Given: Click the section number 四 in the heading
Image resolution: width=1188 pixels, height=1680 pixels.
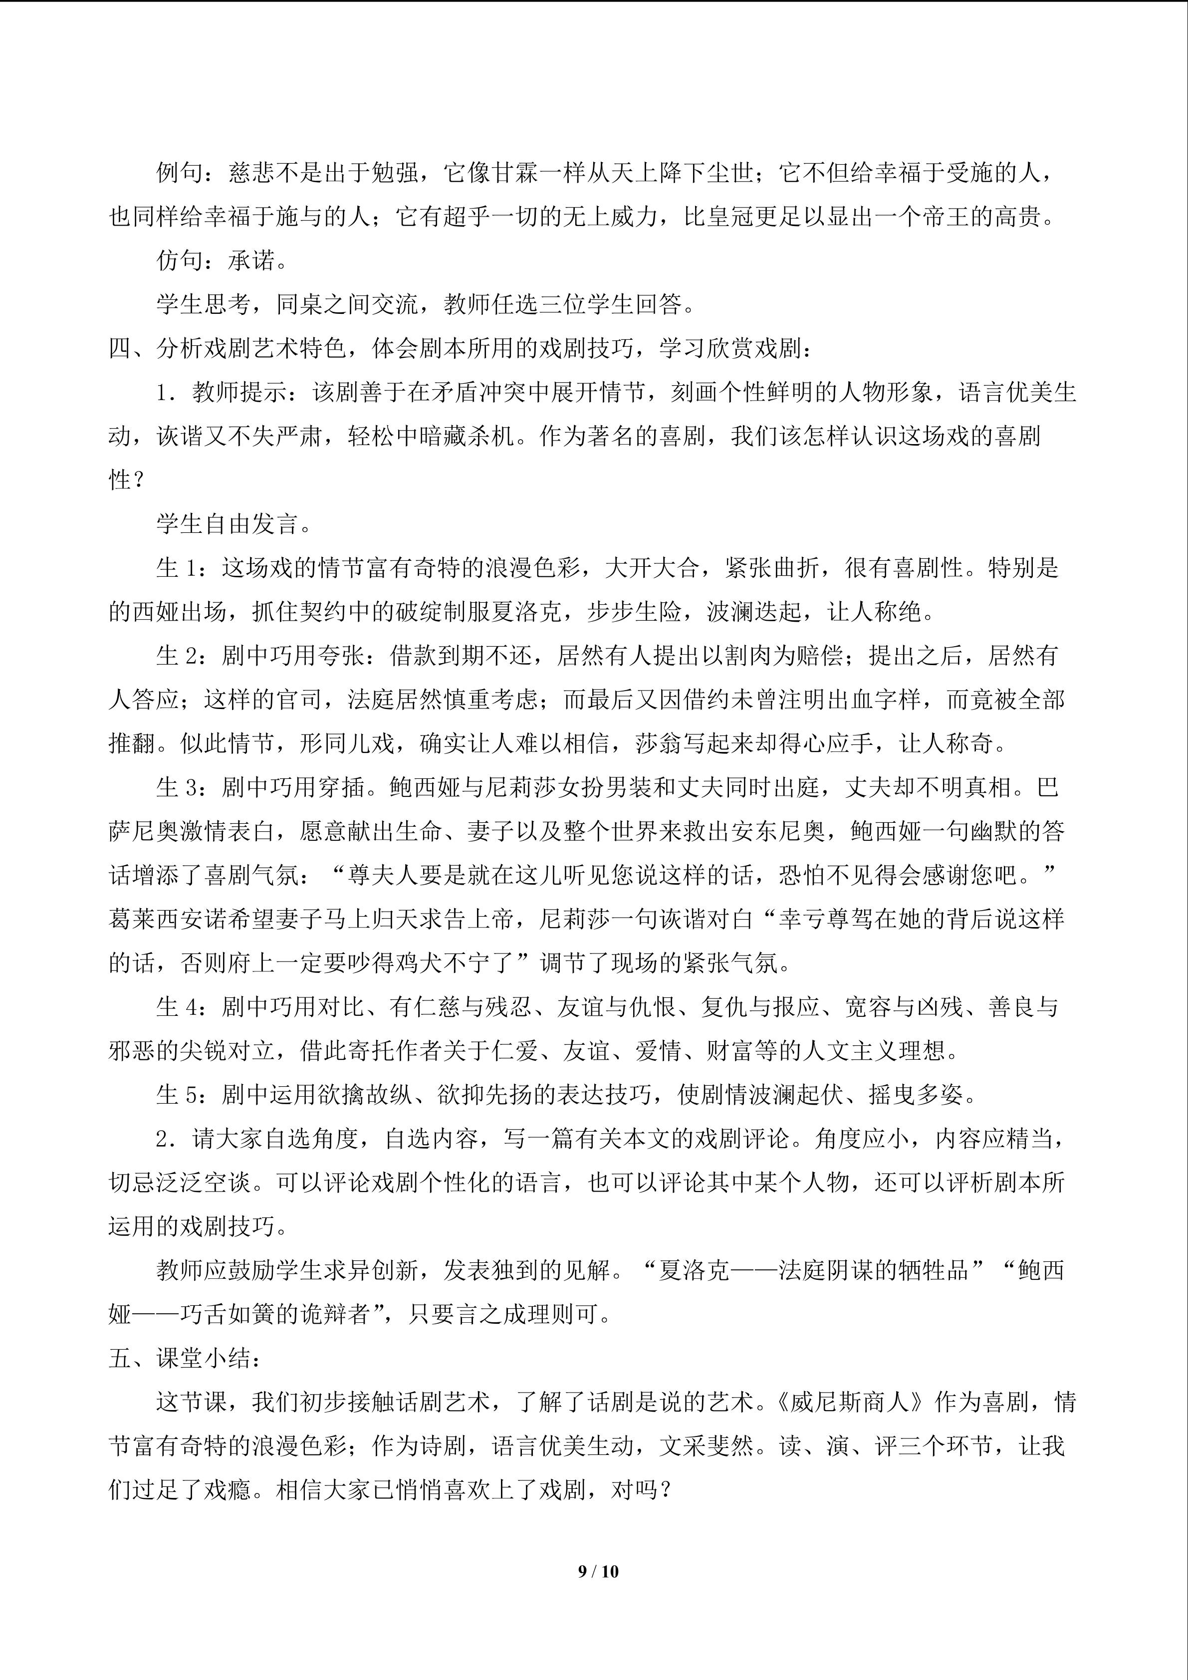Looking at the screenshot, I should [x=120, y=348].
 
